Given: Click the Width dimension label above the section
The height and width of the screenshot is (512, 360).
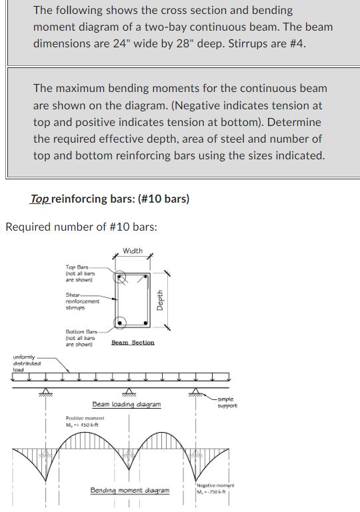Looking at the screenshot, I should point(133,251).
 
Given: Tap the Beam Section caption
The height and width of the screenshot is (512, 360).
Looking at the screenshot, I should point(133,343).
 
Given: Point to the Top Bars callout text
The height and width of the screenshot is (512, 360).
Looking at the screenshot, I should point(80,273).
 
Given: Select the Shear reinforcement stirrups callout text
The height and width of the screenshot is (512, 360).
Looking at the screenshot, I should point(81,301).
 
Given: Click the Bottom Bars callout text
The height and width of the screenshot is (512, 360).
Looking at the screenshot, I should point(81,338).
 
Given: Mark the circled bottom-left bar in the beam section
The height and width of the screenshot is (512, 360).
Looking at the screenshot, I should point(121,323).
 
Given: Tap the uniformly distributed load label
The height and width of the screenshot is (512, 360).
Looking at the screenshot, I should point(27,364).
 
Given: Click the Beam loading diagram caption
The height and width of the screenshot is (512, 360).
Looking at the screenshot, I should point(126,405).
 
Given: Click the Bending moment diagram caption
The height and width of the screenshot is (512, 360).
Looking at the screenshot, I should point(130,491).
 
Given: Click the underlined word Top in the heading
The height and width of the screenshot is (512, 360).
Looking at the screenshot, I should point(39,199).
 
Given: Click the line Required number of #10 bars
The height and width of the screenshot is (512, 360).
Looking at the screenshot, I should point(81,227).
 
